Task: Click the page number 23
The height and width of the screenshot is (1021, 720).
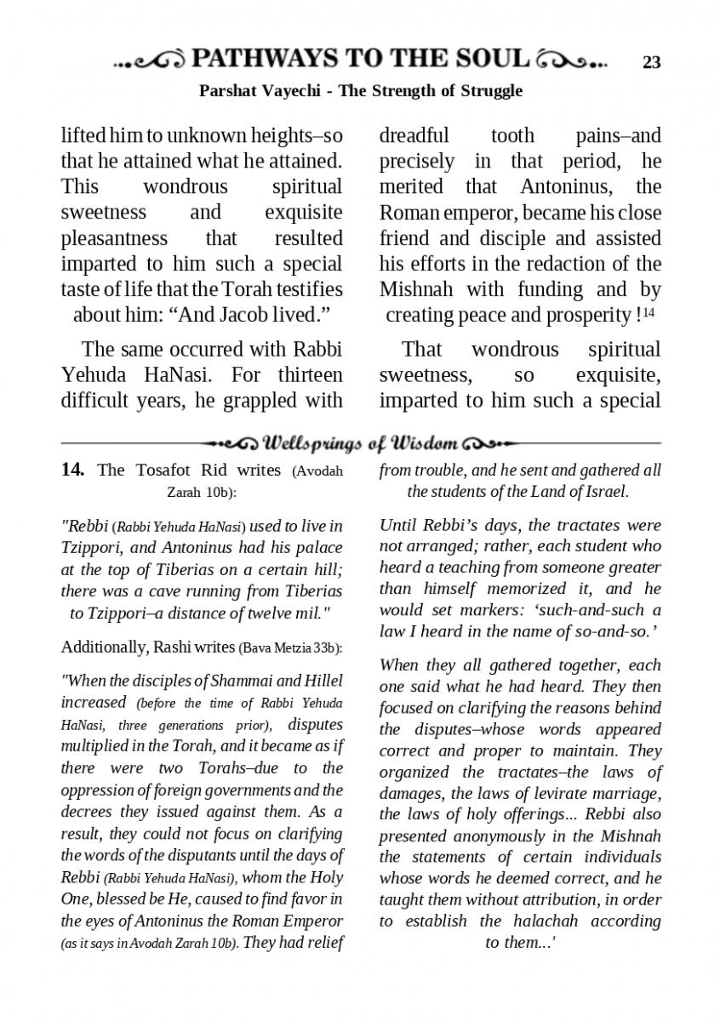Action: tap(651, 62)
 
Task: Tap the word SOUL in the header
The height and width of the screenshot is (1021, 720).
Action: tap(488, 59)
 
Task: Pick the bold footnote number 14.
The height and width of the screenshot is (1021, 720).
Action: tap(72, 470)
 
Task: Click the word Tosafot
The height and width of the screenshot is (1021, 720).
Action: tap(155, 471)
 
